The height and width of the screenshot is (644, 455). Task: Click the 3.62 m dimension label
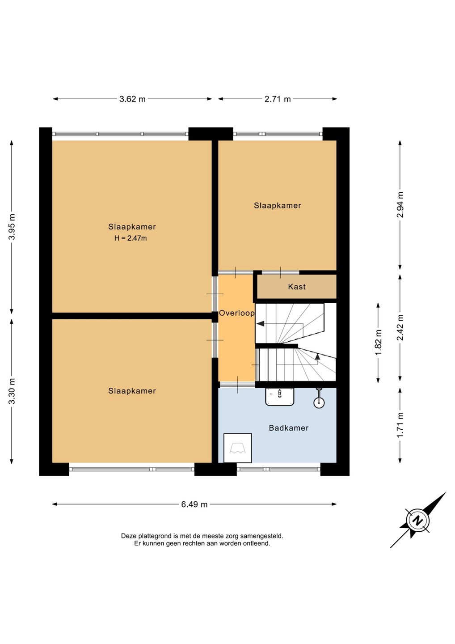[132, 99]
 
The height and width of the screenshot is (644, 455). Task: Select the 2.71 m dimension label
[278, 99]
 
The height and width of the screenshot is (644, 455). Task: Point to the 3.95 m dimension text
[12, 227]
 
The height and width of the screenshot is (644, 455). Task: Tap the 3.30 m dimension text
[12, 391]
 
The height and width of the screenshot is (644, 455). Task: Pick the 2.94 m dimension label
[400, 205]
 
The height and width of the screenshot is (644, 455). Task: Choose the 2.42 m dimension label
[400, 327]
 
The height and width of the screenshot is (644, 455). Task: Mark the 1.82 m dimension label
[378, 342]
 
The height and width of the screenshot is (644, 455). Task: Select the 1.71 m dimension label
[400, 425]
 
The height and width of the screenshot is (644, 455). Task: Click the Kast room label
[297, 287]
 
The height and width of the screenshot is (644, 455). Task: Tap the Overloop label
[237, 313]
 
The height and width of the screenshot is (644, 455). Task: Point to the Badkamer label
[289, 428]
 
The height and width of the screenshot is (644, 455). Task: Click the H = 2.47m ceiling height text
[131, 238]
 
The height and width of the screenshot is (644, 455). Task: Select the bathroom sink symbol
[280, 396]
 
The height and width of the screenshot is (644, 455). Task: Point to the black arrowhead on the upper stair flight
[260, 323]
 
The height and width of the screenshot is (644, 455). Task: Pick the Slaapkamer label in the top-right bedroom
[278, 206]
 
